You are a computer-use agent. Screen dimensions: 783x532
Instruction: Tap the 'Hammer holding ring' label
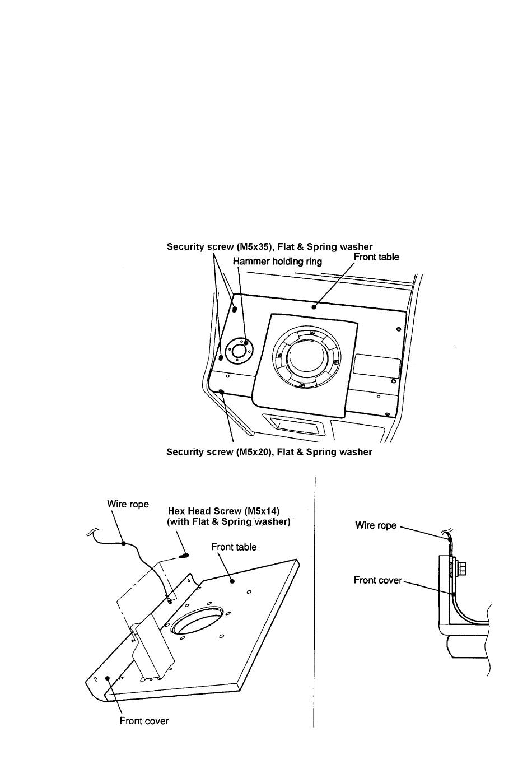pyautogui.click(x=277, y=261)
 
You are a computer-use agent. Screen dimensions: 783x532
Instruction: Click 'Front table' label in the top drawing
pyautogui.click(x=376, y=257)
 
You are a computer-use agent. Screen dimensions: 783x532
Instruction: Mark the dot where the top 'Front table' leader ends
pyautogui.click(x=315, y=306)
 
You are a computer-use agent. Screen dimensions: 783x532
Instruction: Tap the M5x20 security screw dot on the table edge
pyautogui.click(x=222, y=392)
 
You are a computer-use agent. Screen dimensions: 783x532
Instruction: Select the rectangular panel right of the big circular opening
pyautogui.click(x=377, y=366)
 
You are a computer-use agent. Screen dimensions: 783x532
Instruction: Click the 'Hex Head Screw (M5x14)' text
pyautogui.click(x=224, y=511)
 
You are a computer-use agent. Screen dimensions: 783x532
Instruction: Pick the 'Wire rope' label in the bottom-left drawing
pyautogui.click(x=128, y=504)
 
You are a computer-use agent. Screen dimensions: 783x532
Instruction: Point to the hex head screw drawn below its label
pyautogui.click(x=184, y=556)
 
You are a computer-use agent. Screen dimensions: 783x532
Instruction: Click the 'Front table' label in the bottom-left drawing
pyautogui.click(x=234, y=547)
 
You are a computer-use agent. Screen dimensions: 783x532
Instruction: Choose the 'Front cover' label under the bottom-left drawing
pyautogui.click(x=144, y=721)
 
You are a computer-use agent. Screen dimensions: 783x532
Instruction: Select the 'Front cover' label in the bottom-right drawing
pyautogui.click(x=378, y=580)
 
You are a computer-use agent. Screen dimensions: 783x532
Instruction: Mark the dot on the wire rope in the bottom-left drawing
pyautogui.click(x=124, y=542)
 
